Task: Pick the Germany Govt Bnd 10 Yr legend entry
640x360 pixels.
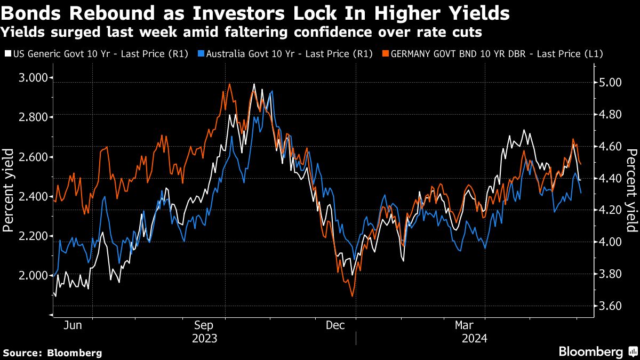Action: click(497, 53)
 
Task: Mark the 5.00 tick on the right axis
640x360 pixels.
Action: click(607, 83)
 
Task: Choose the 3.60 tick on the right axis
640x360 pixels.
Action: click(607, 306)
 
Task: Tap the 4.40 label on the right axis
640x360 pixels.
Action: click(607, 178)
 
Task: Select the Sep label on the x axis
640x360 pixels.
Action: click(205, 324)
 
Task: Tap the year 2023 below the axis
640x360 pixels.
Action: click(205, 338)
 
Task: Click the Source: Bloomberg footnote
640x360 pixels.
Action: click(52, 353)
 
